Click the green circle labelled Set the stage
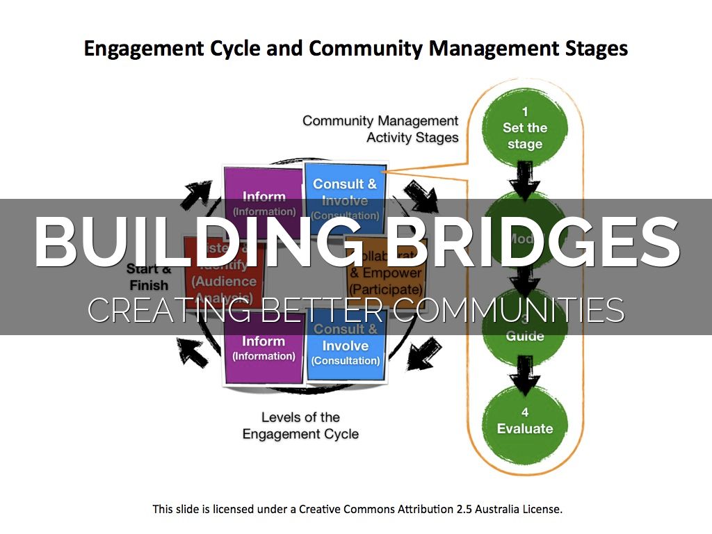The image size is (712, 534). coord(525,128)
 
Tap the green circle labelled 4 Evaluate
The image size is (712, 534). coord(525,421)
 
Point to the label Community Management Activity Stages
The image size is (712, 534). coord(380,129)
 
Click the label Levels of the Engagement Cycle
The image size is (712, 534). coord(300,426)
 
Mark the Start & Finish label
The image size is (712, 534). coord(148,277)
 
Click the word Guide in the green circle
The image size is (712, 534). coord(525,336)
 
